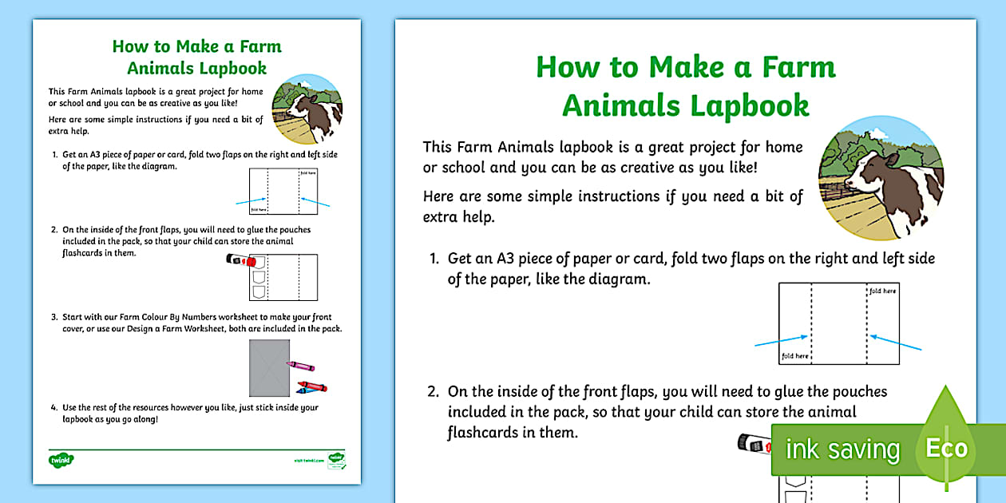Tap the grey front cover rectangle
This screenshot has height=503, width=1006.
pyautogui.click(x=269, y=368)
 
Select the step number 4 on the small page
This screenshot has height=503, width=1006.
pyautogui.click(x=54, y=407)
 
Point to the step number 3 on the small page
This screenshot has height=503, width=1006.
pyautogui.click(x=54, y=317)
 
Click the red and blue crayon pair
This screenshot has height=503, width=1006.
pyautogui.click(x=311, y=387)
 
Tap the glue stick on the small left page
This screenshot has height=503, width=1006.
pyautogui.click(x=240, y=259)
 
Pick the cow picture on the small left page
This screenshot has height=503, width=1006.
pyautogui.click(x=307, y=110)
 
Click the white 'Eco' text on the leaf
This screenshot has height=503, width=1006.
pyautogui.click(x=947, y=449)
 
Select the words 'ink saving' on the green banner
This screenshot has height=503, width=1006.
pyautogui.click(x=842, y=450)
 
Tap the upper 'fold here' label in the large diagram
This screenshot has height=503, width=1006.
pyautogui.click(x=883, y=291)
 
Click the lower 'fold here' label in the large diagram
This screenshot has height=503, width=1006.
pyautogui.click(x=795, y=356)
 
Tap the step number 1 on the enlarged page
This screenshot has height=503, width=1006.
pyautogui.click(x=434, y=259)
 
